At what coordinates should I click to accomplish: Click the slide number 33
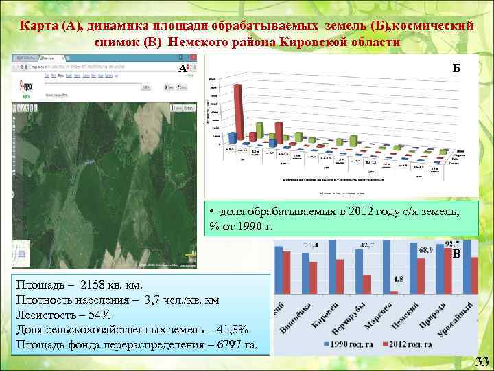[482, 361]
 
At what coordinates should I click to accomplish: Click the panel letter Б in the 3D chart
[456, 68]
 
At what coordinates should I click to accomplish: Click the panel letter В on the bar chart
[456, 254]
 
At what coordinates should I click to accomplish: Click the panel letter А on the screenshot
[183, 69]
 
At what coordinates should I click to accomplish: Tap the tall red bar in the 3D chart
[238, 110]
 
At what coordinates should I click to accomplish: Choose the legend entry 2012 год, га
[414, 343]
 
